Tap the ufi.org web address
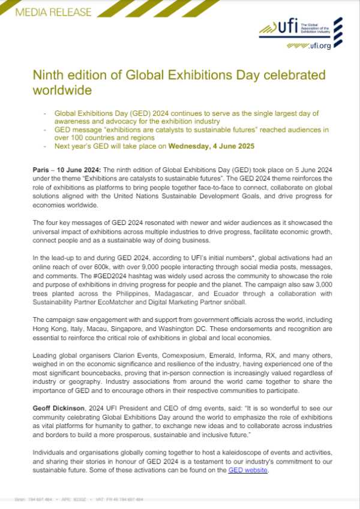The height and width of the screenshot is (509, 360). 315,46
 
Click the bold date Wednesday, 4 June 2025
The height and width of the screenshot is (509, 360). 204,146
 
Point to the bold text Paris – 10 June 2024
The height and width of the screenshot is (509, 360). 64,170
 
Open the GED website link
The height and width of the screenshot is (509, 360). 248,470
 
